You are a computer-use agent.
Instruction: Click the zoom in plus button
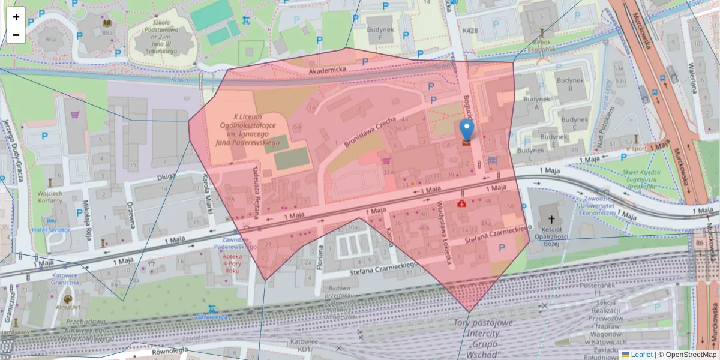point(16,17)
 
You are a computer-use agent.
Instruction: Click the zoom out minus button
point(16,35)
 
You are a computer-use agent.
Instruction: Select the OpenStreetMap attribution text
point(691,355)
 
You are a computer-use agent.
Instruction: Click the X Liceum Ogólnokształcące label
point(254,129)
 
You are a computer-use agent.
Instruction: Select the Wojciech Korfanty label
point(50,197)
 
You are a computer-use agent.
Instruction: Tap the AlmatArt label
point(67,307)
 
